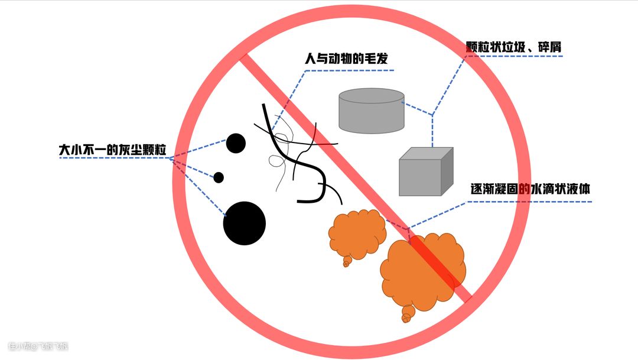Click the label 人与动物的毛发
[346, 60]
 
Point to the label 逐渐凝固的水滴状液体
[530, 190]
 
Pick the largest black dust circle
[245, 223]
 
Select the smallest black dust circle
[219, 177]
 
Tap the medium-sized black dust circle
[236, 142]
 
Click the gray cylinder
[372, 112]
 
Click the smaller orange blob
[356, 235]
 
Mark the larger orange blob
[421, 270]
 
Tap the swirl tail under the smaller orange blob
[346, 261]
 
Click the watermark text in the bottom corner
[38, 346]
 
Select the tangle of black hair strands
[295, 155]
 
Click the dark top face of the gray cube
[426, 153]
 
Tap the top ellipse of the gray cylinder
[372, 96]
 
